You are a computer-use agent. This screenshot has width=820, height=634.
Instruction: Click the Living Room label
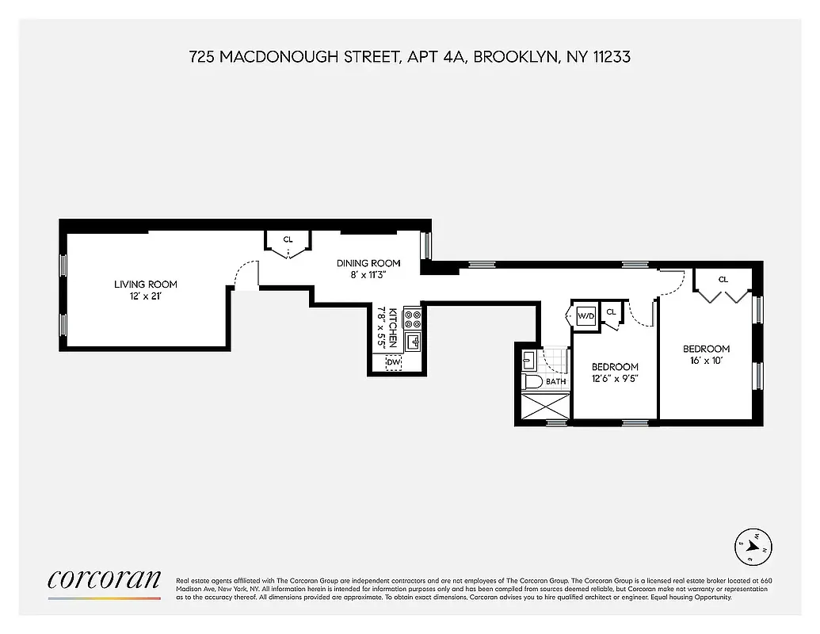[145, 285]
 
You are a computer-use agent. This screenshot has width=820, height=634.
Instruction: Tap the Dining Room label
[368, 263]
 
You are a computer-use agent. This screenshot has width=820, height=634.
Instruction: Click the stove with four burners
[413, 319]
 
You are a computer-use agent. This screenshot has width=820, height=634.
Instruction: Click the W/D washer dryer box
[585, 315]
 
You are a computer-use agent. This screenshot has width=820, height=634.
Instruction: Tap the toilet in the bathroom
[532, 383]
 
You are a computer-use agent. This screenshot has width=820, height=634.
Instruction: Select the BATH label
[555, 382]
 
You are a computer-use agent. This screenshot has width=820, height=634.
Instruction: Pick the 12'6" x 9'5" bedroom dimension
[615, 379]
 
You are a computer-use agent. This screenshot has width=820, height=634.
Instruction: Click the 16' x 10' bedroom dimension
[706, 361]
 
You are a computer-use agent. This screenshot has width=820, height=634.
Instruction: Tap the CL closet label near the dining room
[288, 239]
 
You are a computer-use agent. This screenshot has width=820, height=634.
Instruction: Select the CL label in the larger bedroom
[723, 279]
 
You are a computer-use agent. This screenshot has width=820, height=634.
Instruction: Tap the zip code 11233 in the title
[608, 57]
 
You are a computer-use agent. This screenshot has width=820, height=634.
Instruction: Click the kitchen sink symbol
[413, 342]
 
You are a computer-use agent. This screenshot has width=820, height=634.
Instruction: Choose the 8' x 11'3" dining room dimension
[368, 275]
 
